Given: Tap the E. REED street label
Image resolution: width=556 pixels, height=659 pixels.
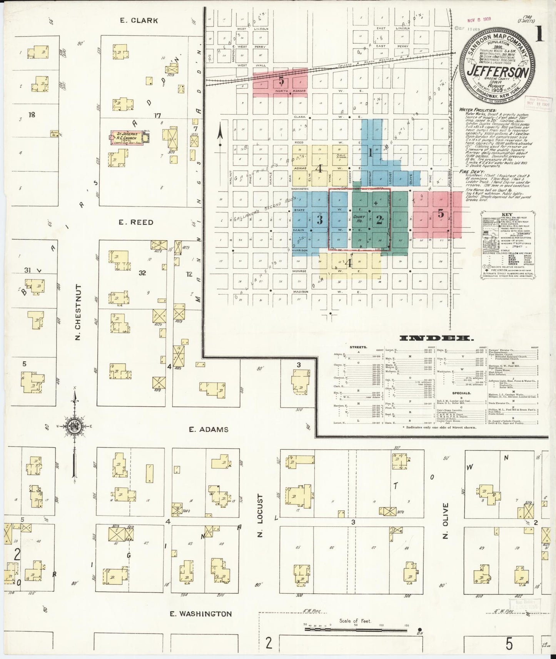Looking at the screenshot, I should [x=136, y=222].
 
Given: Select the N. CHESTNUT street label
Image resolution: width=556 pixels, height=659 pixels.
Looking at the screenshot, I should [x=78, y=312].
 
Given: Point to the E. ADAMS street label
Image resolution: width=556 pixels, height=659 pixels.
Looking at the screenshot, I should [x=209, y=429].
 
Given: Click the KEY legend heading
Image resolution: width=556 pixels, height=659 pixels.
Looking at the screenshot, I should [x=507, y=215].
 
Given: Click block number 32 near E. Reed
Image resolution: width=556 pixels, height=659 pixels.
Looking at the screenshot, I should [x=142, y=273].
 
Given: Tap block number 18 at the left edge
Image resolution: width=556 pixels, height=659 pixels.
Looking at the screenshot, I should [x=32, y=114].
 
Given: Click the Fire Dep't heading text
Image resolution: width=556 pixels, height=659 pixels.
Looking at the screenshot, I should [x=469, y=172].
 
